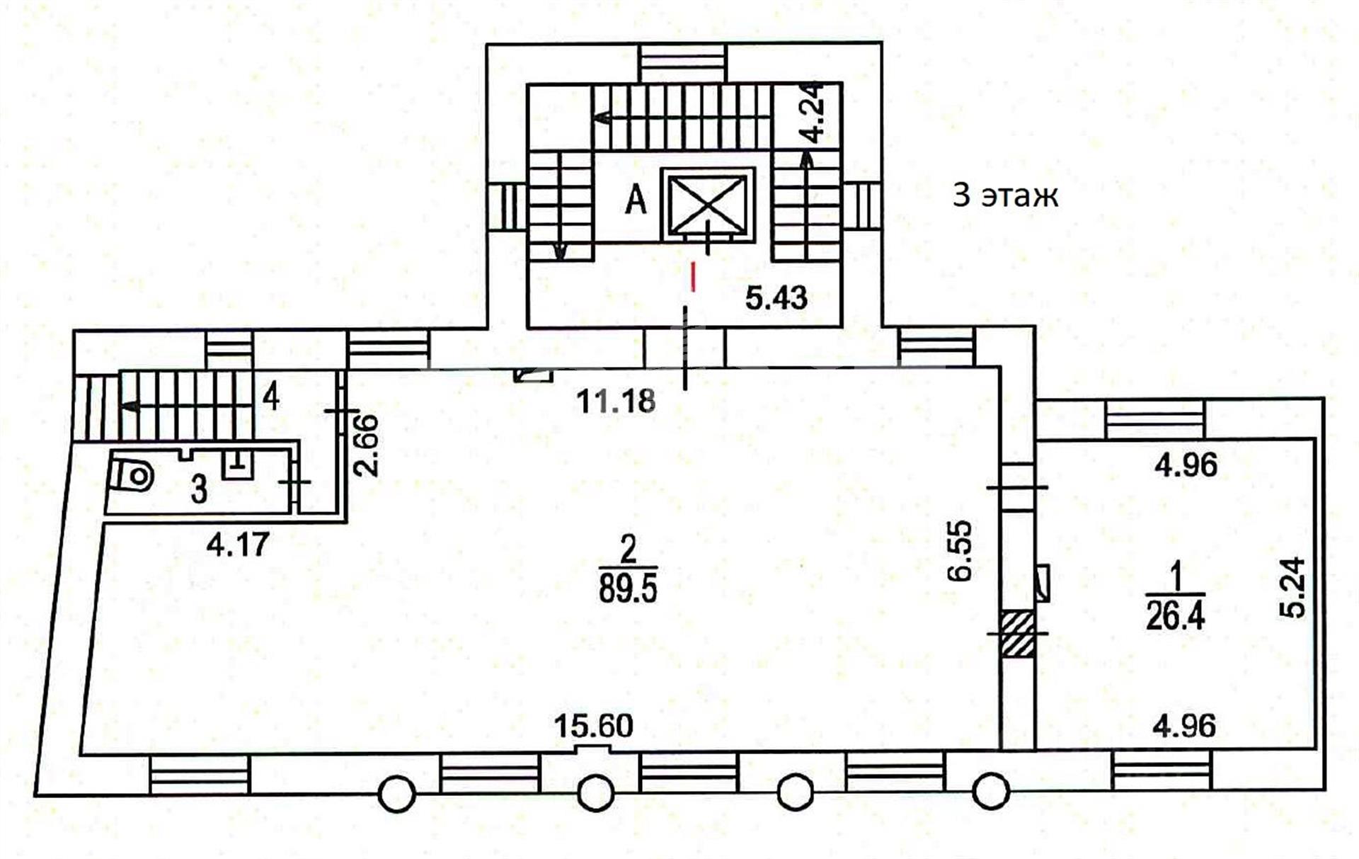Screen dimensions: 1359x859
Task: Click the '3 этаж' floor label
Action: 1005,195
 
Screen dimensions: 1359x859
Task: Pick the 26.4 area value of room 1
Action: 1175,616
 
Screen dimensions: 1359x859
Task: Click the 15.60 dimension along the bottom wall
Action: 593,726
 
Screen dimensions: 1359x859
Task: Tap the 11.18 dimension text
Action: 616,402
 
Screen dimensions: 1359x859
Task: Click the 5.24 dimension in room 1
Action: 1293,588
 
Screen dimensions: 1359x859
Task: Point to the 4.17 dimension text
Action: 238,545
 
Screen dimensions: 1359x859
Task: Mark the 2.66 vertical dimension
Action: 367,445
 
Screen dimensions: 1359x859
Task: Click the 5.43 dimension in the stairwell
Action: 776,298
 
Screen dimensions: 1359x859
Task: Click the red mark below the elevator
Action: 694,277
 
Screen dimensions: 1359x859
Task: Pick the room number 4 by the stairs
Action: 271,397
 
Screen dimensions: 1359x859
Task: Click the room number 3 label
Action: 200,489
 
